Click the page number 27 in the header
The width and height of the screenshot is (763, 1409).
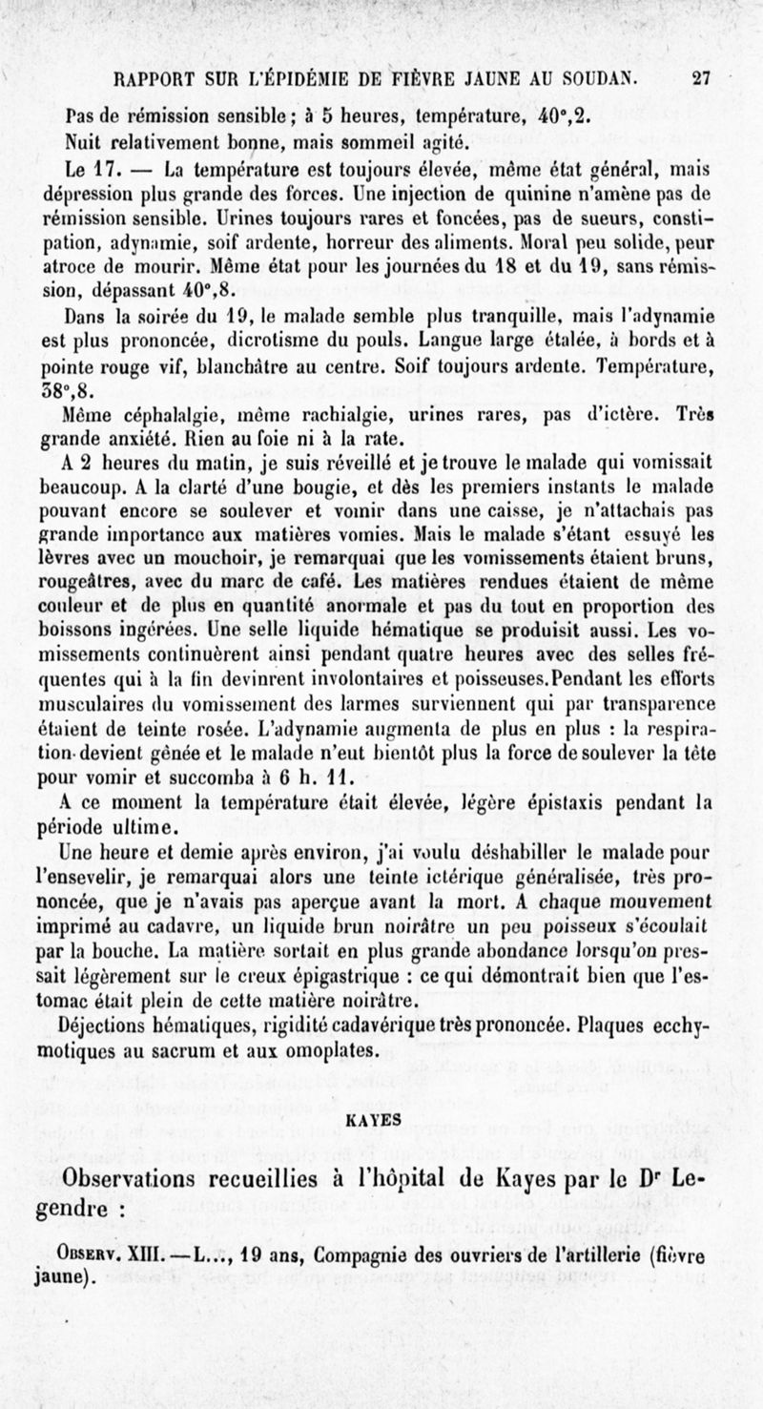click(701, 80)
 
